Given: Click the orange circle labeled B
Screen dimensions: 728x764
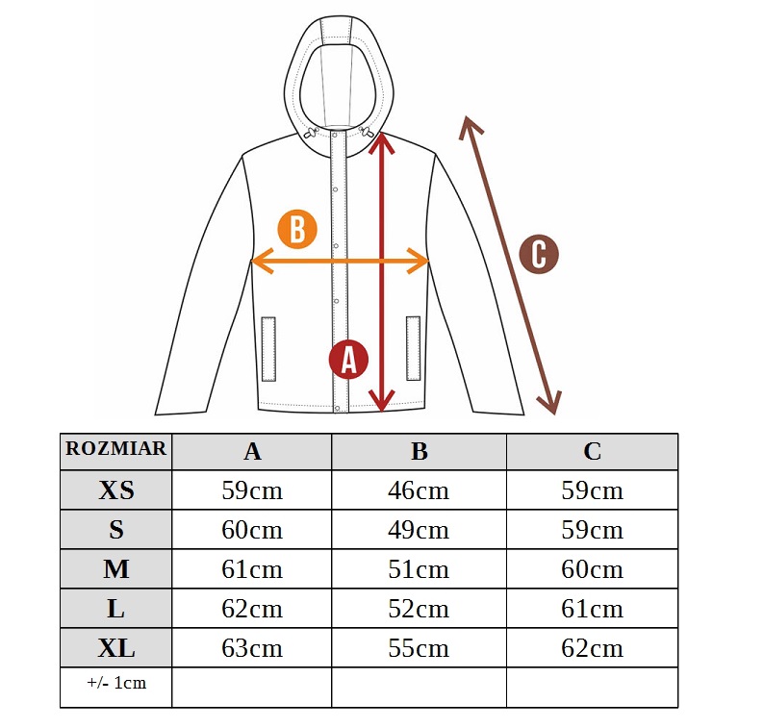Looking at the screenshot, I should (x=297, y=230).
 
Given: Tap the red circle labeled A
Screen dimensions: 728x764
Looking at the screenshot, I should (x=348, y=359).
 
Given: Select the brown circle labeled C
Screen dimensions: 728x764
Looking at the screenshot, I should (x=539, y=254).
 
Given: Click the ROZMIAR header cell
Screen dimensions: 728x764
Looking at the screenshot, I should (x=116, y=449).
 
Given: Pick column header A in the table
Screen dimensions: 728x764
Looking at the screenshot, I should (x=252, y=451).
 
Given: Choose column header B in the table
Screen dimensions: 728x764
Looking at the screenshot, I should (x=419, y=451).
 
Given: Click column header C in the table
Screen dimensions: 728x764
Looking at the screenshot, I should (x=592, y=451).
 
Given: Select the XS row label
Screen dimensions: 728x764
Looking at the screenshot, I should (x=116, y=490).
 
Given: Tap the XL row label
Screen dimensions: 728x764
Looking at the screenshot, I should (x=116, y=648).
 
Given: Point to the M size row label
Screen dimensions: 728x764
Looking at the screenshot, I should (x=116, y=569).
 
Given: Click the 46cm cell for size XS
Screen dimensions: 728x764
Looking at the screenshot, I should (x=419, y=490).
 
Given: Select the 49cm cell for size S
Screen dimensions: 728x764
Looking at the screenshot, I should (x=419, y=530).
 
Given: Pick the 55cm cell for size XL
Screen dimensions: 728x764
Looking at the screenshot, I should (x=419, y=648).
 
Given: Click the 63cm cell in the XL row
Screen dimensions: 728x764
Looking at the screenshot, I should (x=252, y=648).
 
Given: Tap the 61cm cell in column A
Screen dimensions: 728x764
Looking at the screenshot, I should (x=252, y=569).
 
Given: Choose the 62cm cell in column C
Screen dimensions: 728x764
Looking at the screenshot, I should (x=592, y=648).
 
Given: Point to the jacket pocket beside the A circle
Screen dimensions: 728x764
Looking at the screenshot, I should (x=413, y=348).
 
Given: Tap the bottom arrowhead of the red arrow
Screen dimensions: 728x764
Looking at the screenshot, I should (x=383, y=403).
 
